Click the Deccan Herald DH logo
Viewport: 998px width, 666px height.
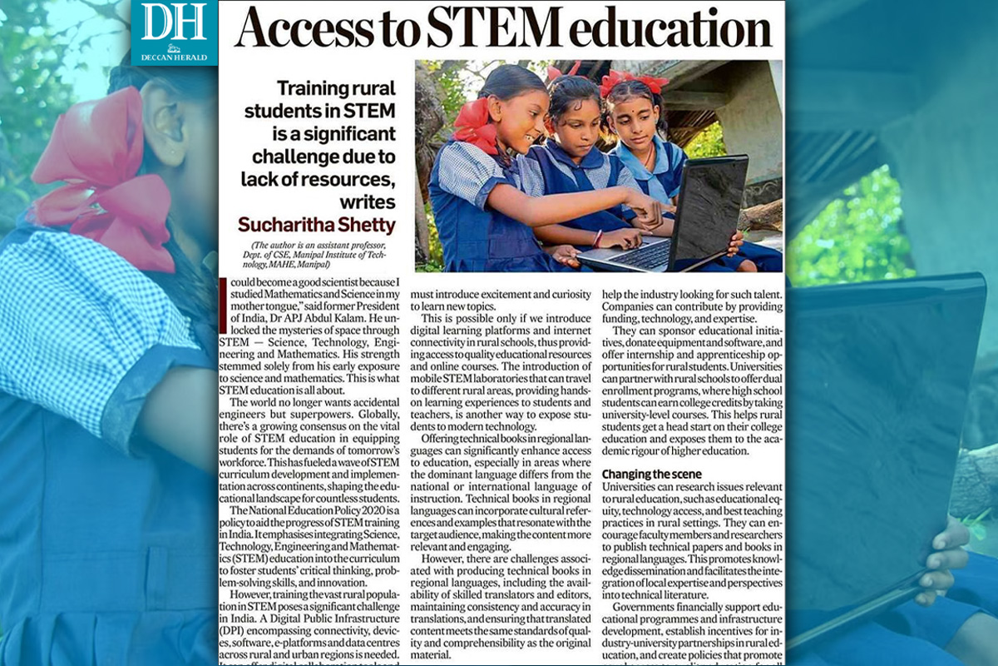coord(174,32)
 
